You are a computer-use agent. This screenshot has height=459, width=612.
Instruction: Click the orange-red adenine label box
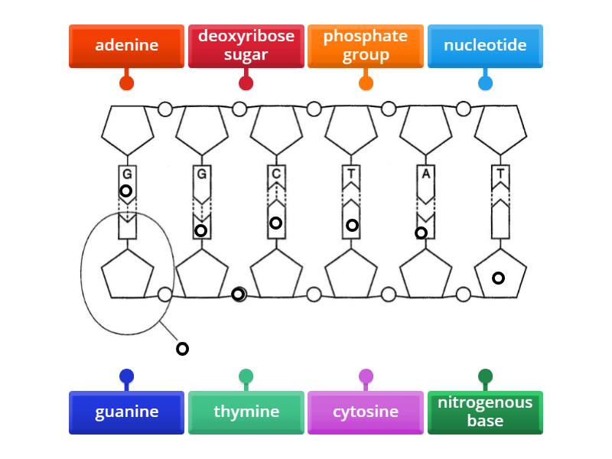(x=126, y=46)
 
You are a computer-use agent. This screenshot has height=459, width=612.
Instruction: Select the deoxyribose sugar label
(x=246, y=46)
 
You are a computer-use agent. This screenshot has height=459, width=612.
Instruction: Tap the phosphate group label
(x=365, y=46)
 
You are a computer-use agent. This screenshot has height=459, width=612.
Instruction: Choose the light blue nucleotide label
(x=485, y=46)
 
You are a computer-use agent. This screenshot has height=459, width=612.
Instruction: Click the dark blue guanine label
(x=126, y=412)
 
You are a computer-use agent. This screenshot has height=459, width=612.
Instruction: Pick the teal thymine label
(x=246, y=412)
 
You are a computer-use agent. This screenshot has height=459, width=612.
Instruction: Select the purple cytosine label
(x=365, y=412)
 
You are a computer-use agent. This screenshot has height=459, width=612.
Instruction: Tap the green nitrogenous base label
(x=485, y=412)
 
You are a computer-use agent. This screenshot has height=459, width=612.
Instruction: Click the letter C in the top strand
(x=276, y=174)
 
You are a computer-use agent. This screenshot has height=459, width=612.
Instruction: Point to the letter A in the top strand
(x=425, y=174)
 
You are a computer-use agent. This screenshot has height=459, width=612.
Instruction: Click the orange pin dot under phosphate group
(x=366, y=83)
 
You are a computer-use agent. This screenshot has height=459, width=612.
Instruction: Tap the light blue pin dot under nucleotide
(x=485, y=83)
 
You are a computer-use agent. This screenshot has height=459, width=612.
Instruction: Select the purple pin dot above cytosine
(x=366, y=376)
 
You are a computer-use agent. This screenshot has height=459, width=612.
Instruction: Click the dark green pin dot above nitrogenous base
(x=485, y=376)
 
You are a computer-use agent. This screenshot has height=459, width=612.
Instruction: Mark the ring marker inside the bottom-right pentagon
(x=498, y=278)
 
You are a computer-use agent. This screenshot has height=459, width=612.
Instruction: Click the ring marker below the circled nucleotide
(x=182, y=349)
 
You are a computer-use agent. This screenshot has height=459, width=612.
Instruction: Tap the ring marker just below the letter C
(x=275, y=223)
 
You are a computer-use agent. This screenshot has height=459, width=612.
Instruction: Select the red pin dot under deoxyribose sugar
(x=246, y=83)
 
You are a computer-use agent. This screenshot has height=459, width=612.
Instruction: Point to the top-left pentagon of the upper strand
(x=128, y=129)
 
